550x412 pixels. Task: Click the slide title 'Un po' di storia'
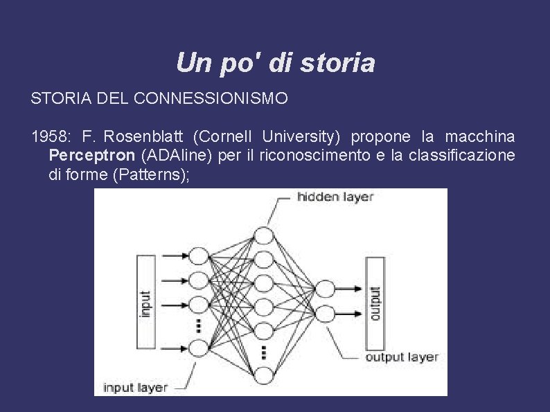tap(275, 63)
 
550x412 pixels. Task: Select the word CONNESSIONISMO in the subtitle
tap(219, 99)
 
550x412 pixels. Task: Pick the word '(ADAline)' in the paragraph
tap(174, 155)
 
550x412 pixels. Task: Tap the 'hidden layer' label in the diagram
tap(335, 197)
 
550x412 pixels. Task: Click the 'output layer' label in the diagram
tap(401, 357)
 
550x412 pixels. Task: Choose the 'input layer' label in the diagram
tap(135, 387)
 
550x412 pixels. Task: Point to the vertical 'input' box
tap(146, 302)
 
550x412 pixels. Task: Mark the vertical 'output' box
tap(375, 303)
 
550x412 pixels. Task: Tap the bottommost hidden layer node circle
tap(265, 375)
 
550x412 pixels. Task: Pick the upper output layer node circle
tap(324, 289)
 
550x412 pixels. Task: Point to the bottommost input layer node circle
tap(198, 348)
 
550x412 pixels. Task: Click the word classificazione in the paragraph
tap(468, 155)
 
